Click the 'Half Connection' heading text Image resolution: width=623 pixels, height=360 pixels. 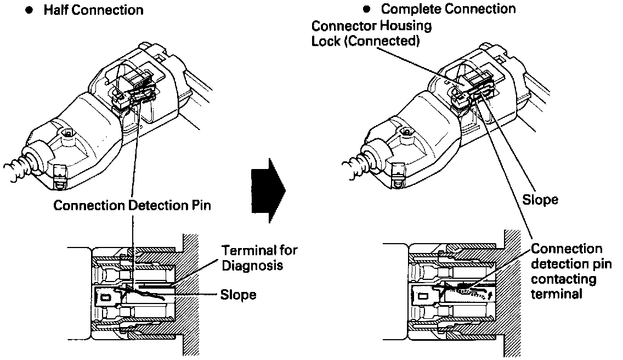click(x=93, y=10)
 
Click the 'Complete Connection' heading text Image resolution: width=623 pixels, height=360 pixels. click(x=448, y=9)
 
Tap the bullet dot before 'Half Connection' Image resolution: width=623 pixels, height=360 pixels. click(x=29, y=10)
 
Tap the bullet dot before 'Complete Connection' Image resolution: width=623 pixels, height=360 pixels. click(x=367, y=9)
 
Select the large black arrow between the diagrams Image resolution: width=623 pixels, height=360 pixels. click(x=268, y=190)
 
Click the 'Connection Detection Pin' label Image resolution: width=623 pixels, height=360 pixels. click(x=132, y=205)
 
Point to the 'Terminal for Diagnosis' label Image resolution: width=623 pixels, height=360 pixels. click(x=259, y=258)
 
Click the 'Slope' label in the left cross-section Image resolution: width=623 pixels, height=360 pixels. click(x=239, y=295)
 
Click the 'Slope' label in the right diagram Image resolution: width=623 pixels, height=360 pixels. click(x=540, y=200)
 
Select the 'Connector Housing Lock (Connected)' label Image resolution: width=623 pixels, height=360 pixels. click(x=371, y=33)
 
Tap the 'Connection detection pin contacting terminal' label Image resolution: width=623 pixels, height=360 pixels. click(x=571, y=271)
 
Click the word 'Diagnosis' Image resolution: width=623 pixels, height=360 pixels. click(x=252, y=265)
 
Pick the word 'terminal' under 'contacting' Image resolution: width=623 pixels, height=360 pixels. click(x=557, y=294)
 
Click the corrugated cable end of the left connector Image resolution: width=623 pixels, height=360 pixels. click(x=16, y=169)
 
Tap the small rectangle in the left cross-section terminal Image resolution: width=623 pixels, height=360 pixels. click(x=106, y=297)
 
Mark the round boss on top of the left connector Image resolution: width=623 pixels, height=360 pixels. click(x=68, y=132)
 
